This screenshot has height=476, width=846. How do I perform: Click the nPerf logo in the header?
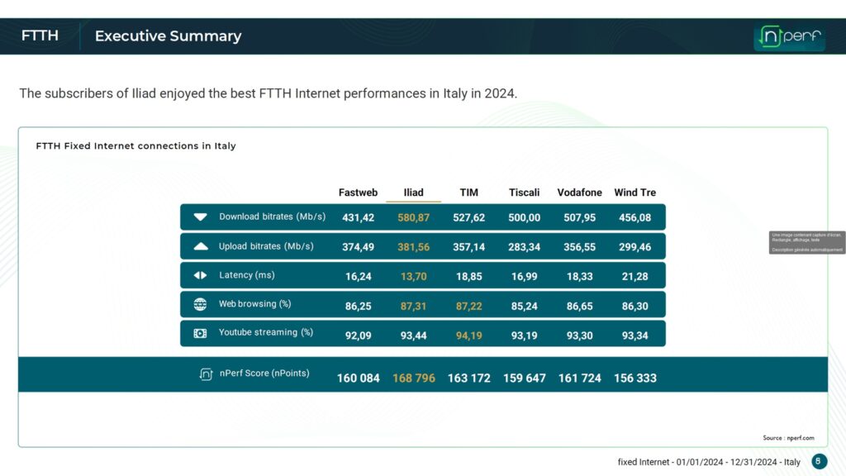click(x=789, y=36)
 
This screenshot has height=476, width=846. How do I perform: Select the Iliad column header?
click(x=413, y=193)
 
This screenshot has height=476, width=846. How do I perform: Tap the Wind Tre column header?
click(x=634, y=193)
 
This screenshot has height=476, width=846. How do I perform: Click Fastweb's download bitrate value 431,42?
click(x=359, y=217)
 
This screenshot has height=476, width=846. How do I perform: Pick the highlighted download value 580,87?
click(x=413, y=217)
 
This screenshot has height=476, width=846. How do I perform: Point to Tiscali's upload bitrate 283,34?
click(x=524, y=246)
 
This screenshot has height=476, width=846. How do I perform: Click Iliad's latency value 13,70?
click(x=413, y=276)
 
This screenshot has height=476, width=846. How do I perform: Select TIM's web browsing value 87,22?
click(x=468, y=305)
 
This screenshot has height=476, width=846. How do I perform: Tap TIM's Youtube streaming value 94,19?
click(x=468, y=335)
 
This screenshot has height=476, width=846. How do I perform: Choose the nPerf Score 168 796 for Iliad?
click(x=413, y=378)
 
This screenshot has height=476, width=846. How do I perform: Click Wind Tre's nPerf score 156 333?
click(x=634, y=378)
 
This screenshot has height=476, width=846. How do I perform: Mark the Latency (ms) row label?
click(x=247, y=275)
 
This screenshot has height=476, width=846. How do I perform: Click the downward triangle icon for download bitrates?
click(x=200, y=217)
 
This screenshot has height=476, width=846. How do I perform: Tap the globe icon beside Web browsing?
click(x=200, y=304)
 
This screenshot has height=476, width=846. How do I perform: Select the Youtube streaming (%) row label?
click(x=265, y=333)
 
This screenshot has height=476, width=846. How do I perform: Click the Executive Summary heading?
click(x=168, y=36)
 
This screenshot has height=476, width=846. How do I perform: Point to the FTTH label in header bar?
click(x=40, y=36)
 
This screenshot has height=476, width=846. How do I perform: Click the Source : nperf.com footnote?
click(x=788, y=438)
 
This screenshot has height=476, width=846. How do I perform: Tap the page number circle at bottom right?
click(x=819, y=461)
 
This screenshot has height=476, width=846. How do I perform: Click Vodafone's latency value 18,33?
click(x=579, y=276)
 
